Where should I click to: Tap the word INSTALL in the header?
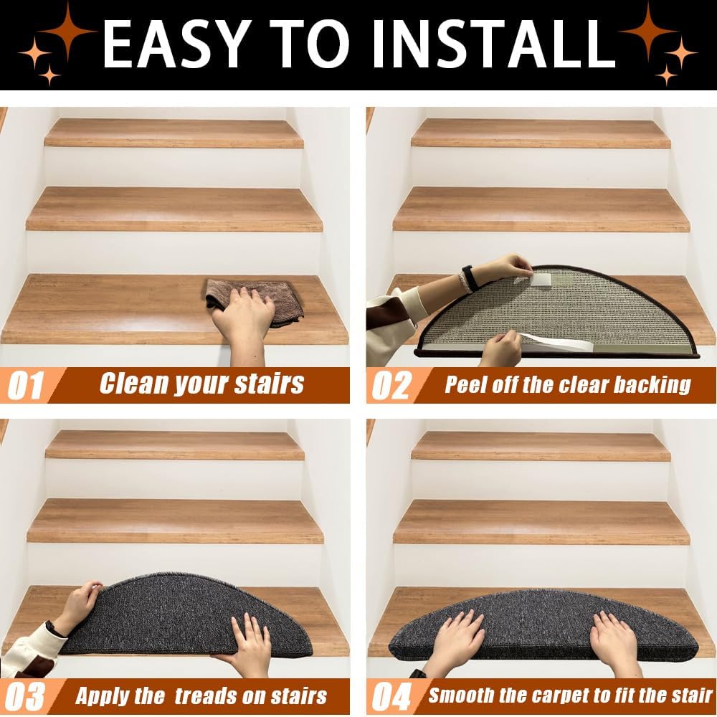494,44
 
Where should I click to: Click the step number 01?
26,385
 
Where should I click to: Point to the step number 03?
25,697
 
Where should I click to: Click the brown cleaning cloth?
255,302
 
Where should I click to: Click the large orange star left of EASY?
67,31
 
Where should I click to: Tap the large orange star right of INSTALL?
648,31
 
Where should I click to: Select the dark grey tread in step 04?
543,625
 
